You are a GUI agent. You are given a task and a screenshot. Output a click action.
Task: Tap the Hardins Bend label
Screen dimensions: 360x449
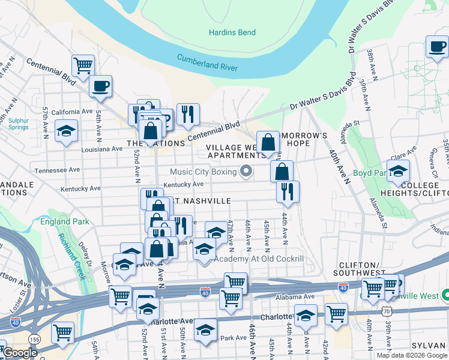click(x=232, y=32)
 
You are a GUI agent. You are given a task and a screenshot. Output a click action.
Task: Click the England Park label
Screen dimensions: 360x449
click(x=65, y=221)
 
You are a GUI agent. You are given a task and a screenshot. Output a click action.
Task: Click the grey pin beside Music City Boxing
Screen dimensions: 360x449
click(x=246, y=172)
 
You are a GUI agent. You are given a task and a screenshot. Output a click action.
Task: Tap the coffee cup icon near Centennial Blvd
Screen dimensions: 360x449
click(x=100, y=85)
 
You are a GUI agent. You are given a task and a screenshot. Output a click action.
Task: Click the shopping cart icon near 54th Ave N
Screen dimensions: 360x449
click(x=83, y=65)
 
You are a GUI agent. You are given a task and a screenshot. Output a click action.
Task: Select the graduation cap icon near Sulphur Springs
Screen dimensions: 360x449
click(x=66, y=130)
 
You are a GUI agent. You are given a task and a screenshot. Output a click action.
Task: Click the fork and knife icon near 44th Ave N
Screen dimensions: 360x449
click(x=288, y=191)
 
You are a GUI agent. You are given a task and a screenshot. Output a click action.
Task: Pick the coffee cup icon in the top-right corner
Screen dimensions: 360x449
click(x=436, y=46)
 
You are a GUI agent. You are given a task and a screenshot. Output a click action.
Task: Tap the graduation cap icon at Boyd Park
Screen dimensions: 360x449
click(x=398, y=171)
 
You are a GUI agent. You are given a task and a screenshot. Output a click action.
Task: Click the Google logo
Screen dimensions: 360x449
click(x=20, y=353)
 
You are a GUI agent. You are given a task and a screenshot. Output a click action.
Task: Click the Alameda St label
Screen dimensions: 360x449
click(x=346, y=123)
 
